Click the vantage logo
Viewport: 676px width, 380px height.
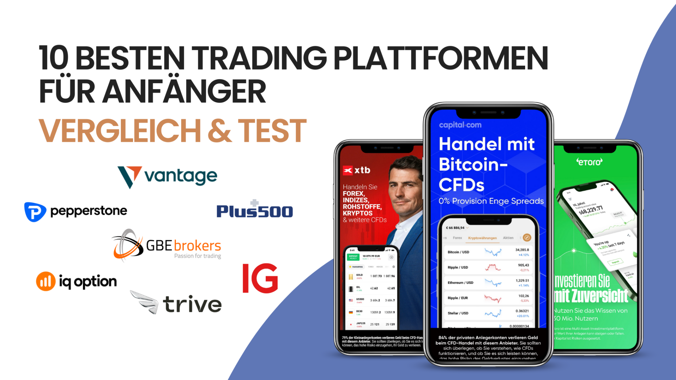(167, 176)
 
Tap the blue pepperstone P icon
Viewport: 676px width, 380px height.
(35, 211)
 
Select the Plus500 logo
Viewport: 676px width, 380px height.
(254, 210)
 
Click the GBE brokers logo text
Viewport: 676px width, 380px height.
(183, 246)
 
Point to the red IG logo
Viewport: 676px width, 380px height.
(260, 278)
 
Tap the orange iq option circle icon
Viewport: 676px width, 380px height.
(46, 281)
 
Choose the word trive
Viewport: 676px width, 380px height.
(192, 304)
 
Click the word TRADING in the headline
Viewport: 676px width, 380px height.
(259, 58)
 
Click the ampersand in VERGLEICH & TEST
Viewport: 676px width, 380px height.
(219, 131)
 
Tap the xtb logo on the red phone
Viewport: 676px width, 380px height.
(356, 170)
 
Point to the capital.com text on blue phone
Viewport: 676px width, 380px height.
(460, 125)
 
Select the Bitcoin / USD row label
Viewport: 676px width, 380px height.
(458, 252)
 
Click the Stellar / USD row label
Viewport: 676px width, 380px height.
(458, 313)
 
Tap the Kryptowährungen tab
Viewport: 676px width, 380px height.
(482, 238)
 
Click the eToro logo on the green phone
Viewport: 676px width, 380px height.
(589, 162)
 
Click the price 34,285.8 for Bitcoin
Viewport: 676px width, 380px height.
(522, 250)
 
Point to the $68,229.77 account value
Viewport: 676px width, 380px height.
(591, 210)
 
